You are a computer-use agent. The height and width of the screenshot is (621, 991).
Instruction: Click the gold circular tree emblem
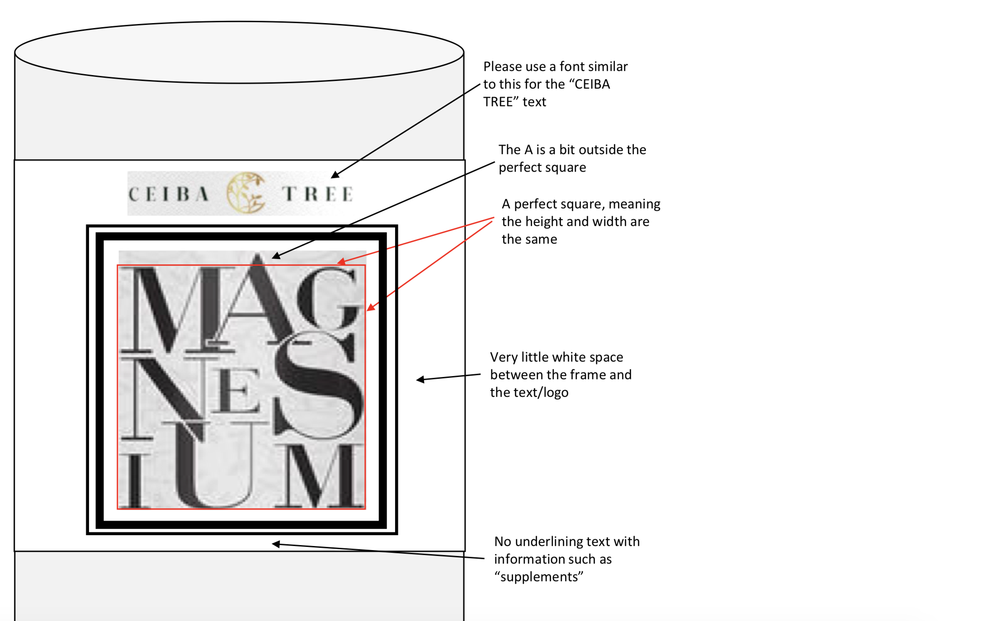tap(246, 193)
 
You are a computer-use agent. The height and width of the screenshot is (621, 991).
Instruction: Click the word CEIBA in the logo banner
tap(168, 194)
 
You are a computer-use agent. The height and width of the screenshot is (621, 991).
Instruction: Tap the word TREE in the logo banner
tap(317, 194)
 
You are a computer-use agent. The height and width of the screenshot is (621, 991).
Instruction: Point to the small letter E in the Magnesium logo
tap(236, 390)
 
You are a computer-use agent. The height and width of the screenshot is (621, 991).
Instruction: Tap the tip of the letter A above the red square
tap(258, 254)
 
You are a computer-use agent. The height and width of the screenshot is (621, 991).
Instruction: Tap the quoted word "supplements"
tap(539, 577)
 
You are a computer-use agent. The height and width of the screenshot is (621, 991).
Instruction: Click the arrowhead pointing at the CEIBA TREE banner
tap(335, 174)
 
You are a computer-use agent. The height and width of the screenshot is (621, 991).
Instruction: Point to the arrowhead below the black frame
tap(276, 544)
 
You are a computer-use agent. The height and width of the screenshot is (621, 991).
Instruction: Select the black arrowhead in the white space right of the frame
tap(420, 380)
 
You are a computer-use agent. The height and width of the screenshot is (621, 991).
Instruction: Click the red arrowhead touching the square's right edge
tap(371, 307)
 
